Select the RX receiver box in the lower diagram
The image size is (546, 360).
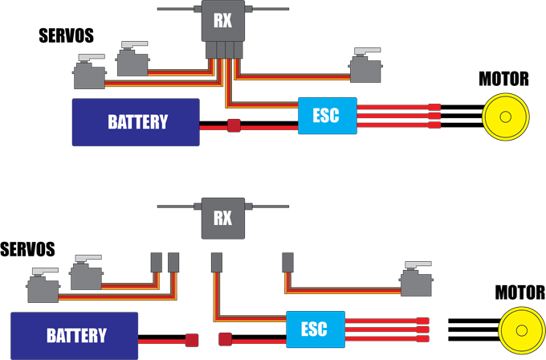[x=222, y=217]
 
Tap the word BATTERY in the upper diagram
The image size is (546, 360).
[x=138, y=122]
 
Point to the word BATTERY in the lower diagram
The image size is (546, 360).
[x=76, y=335]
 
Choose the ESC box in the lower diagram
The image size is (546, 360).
[x=315, y=329]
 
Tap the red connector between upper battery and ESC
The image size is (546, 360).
[x=234, y=126]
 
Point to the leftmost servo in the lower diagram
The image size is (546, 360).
[x=43, y=285]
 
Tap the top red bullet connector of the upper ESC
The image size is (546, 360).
[x=434, y=107]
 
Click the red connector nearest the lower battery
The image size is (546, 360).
[x=192, y=339]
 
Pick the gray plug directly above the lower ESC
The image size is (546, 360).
[x=288, y=262]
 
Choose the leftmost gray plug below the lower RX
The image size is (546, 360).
[x=157, y=262]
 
